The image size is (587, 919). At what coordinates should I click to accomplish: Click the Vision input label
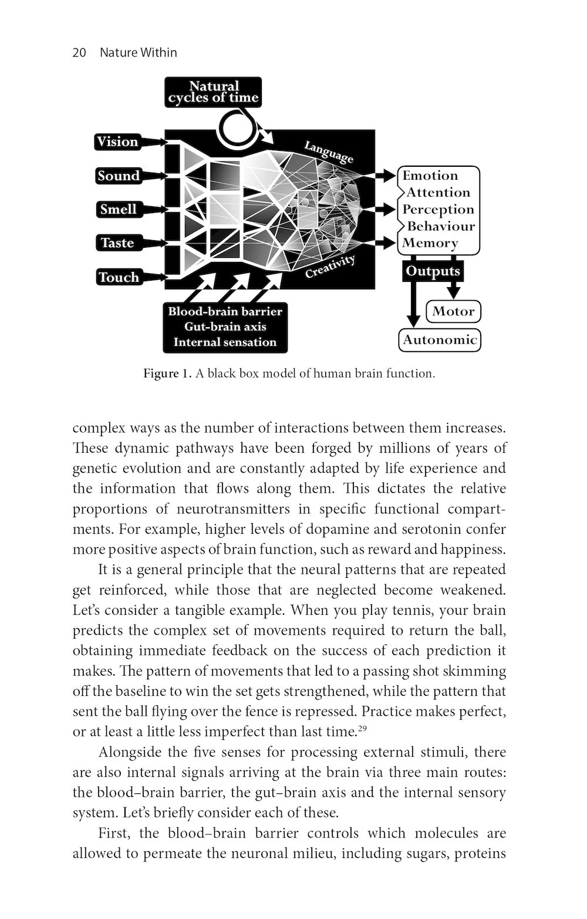point(117,142)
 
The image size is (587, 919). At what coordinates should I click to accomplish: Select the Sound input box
point(119,176)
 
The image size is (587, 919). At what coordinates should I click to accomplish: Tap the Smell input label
point(118,209)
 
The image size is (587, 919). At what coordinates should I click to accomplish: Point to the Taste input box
point(117,243)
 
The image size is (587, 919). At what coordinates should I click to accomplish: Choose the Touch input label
point(119,277)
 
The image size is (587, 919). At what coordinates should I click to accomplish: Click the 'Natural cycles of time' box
point(213,92)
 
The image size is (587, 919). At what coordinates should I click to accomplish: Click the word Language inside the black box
point(329,152)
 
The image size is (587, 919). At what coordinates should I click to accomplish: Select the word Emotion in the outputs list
point(430,176)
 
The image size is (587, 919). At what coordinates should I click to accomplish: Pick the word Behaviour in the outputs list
point(441,226)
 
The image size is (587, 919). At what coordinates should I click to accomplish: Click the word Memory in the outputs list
point(430,243)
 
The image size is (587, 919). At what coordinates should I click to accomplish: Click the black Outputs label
point(433,271)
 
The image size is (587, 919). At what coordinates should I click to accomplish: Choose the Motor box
point(453,311)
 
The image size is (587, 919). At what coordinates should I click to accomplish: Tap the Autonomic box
point(440,340)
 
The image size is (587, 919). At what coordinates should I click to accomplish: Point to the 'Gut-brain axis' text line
point(225,327)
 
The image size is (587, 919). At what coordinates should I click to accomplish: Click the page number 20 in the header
point(79,53)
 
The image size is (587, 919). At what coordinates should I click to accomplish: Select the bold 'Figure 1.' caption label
point(167,374)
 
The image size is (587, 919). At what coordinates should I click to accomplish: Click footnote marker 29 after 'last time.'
point(362,729)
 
